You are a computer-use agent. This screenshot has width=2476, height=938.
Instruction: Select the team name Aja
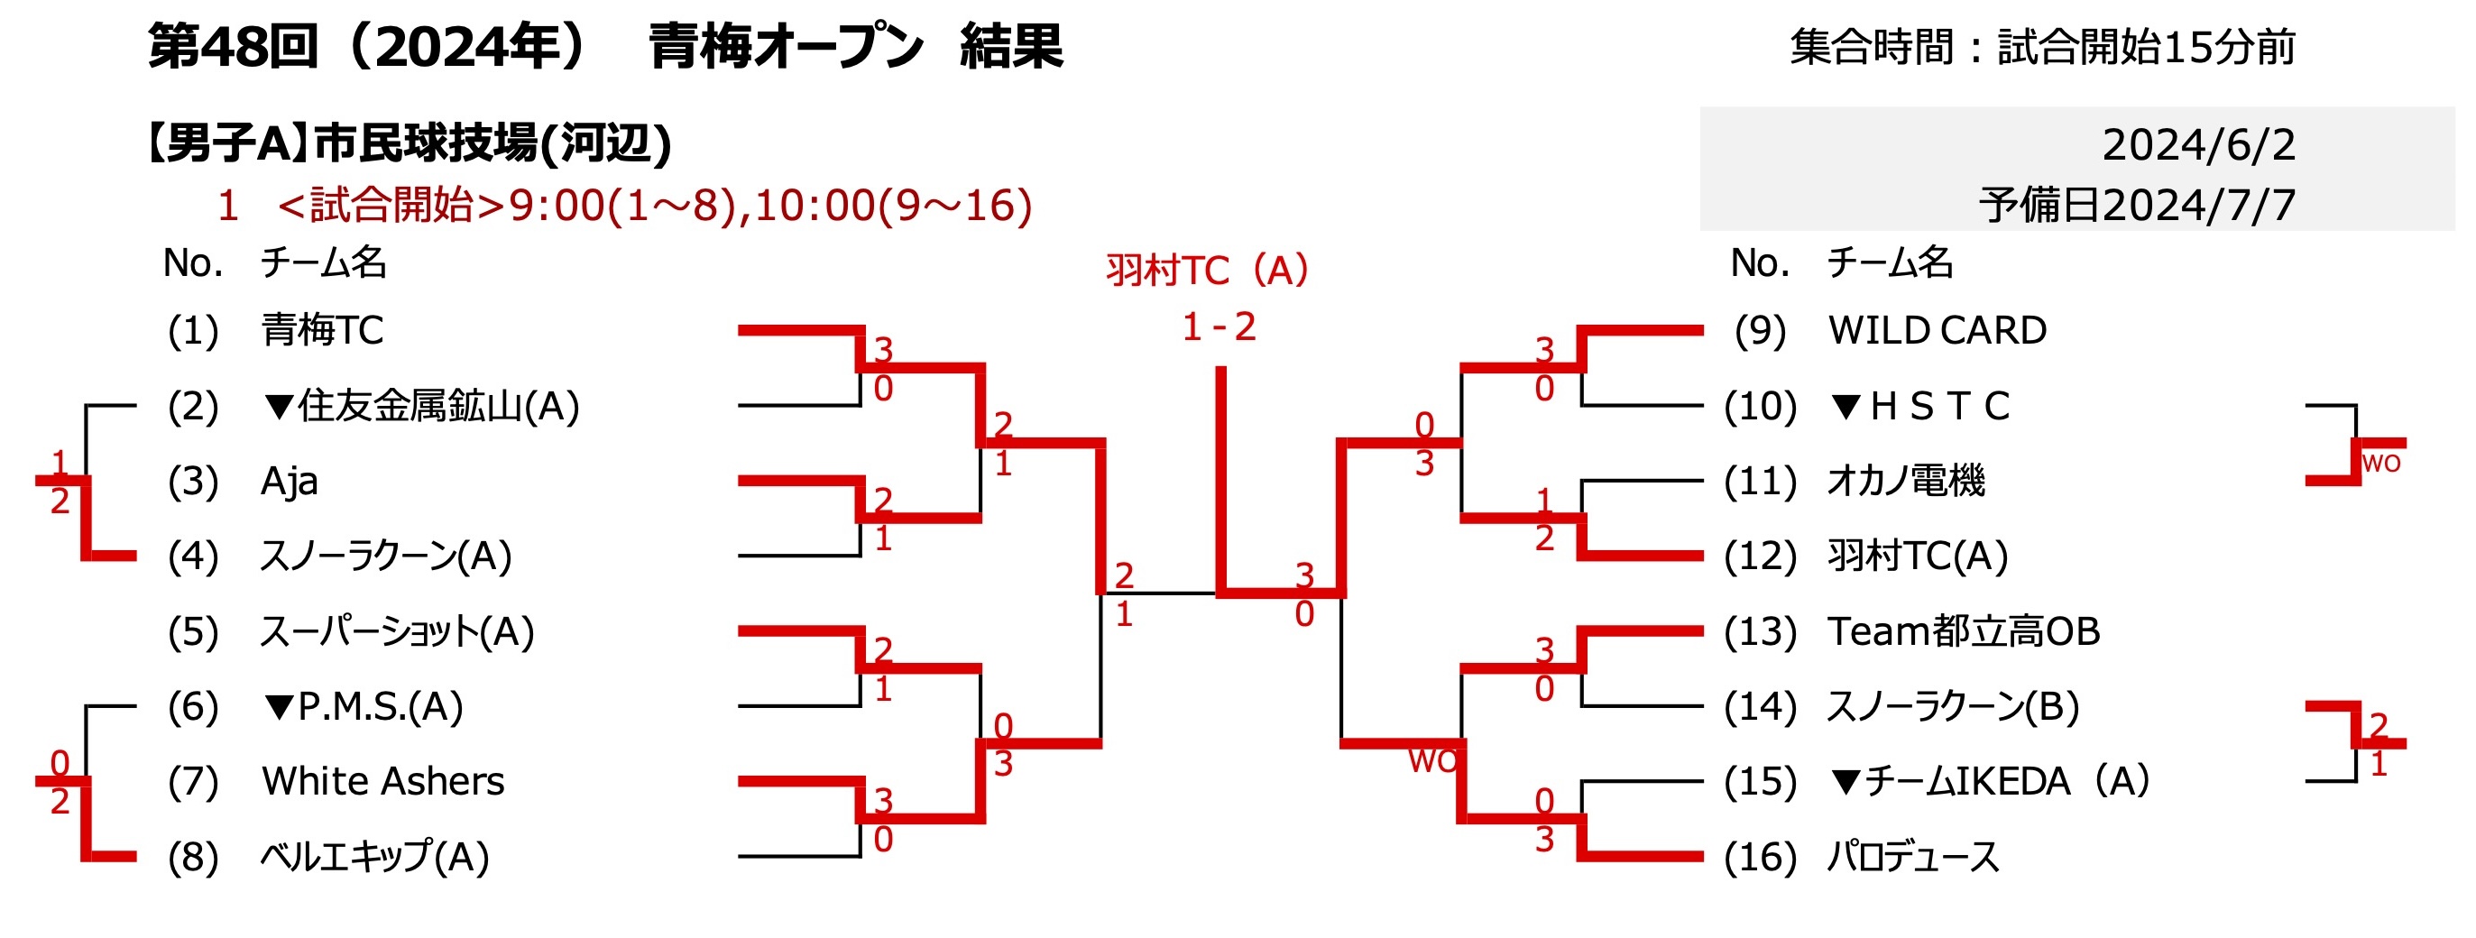(x=290, y=482)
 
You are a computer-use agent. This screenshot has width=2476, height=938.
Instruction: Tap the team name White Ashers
(x=382, y=781)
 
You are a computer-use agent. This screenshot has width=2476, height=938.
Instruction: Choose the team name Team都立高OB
(x=1964, y=631)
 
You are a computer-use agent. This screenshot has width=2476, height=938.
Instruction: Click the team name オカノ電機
(x=1906, y=482)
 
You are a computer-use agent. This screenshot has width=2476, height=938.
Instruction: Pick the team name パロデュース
(x=1913, y=857)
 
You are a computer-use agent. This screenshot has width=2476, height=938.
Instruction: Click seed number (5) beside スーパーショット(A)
(x=193, y=631)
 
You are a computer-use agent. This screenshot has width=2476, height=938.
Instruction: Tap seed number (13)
(x=1760, y=631)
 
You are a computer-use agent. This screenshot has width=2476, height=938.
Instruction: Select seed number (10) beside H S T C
(x=1760, y=407)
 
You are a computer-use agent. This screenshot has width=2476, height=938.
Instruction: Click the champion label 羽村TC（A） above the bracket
(x=1207, y=270)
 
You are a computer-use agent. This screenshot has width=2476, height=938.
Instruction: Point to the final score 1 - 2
(x=1219, y=327)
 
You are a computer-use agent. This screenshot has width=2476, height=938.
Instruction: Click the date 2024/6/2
(x=2198, y=145)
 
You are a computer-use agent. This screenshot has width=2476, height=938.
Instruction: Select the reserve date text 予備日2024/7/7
(x=2137, y=206)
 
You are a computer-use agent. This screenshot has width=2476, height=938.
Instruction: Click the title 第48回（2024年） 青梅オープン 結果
(x=605, y=47)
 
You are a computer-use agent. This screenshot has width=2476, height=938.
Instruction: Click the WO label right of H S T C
(x=2381, y=464)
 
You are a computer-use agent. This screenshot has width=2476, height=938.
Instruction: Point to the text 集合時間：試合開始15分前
(x=2042, y=47)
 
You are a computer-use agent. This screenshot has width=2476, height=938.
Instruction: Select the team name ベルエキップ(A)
(x=375, y=857)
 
